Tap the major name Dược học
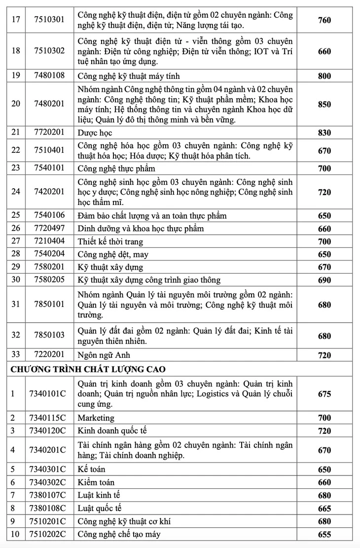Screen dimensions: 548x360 pyautogui.click(x=95, y=133)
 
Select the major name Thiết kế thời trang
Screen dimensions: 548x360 pyautogui.click(x=110, y=241)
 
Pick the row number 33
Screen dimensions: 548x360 pyautogui.click(x=15, y=355)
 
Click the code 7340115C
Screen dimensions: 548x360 pyautogui.click(x=48, y=418)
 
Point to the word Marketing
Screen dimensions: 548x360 pyautogui.click(x=96, y=418)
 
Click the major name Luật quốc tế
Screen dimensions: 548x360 pyautogui.click(x=100, y=508)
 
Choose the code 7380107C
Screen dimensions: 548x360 pyautogui.click(x=48, y=495)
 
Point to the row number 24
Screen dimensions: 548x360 pyautogui.click(x=15, y=191)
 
